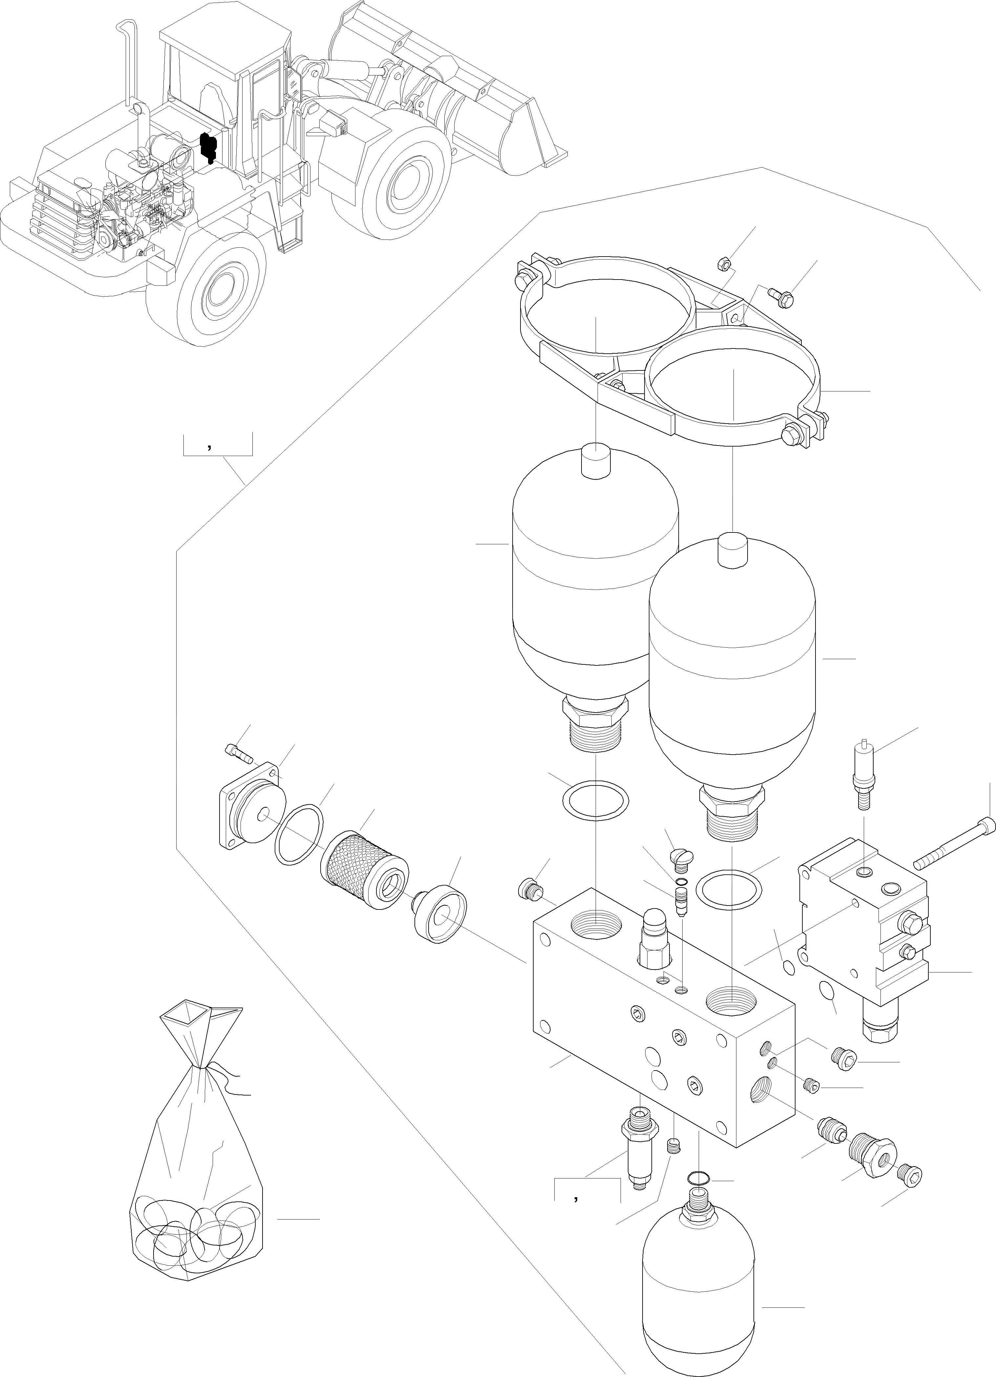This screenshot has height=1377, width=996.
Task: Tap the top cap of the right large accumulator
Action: [x=733, y=551]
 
